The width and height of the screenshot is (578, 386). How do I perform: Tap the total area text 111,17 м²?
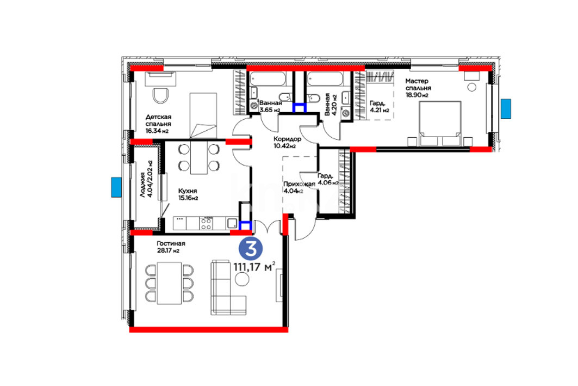point(254,266)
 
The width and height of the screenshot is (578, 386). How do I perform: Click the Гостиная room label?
point(171,243)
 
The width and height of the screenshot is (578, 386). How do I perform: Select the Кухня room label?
point(187,191)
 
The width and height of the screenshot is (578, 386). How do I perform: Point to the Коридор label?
point(288,139)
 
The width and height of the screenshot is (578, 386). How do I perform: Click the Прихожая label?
point(299,184)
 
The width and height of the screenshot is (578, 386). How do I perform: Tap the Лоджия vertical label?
point(142,184)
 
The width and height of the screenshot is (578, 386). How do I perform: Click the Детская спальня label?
point(158,121)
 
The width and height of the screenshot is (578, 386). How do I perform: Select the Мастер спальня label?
point(418,84)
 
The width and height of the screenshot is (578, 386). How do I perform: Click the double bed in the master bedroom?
point(440,123)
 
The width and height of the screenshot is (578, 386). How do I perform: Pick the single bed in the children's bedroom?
point(203,115)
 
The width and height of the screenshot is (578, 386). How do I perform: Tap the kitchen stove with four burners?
point(206,223)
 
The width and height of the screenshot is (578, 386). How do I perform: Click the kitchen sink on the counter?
point(232,223)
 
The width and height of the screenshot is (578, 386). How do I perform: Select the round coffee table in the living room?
point(242,279)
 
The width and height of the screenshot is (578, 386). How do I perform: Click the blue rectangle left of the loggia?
point(116,187)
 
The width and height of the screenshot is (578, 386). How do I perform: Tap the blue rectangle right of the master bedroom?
point(506,109)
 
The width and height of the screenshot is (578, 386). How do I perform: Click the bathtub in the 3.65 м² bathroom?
point(268,78)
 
